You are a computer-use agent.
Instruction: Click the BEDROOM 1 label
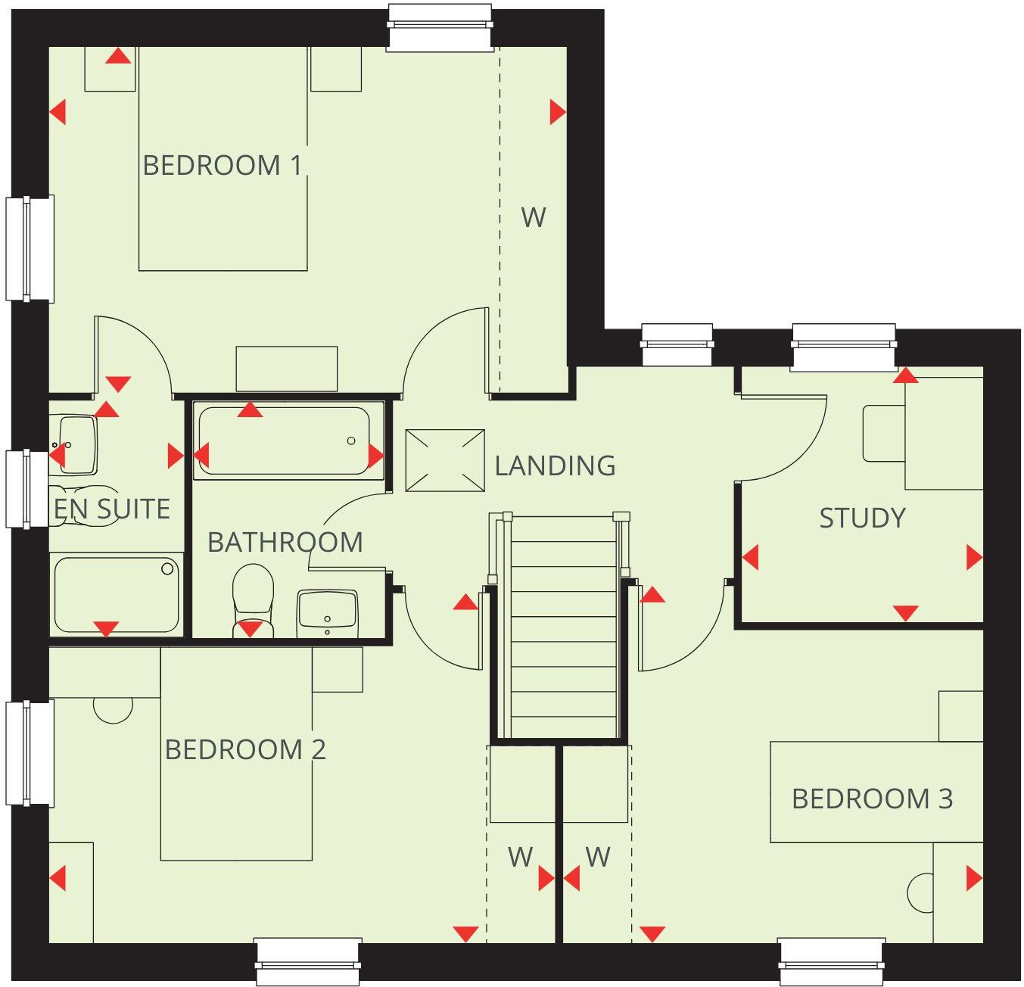223,165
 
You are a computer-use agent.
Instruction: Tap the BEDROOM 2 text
245,749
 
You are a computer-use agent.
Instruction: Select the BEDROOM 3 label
872,799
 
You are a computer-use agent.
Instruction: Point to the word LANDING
555,465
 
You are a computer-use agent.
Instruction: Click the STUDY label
862,518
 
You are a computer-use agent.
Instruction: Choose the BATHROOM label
285,542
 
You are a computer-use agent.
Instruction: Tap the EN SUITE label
112,509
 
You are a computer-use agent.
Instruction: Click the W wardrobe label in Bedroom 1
533,218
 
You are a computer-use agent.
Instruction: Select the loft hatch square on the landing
445,460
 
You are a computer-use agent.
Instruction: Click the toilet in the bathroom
253,594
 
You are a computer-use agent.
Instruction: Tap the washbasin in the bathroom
327,609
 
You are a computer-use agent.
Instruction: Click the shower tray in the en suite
117,595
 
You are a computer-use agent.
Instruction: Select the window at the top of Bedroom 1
439,26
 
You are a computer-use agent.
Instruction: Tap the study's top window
843,346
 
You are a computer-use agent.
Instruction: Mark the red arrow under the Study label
905,612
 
